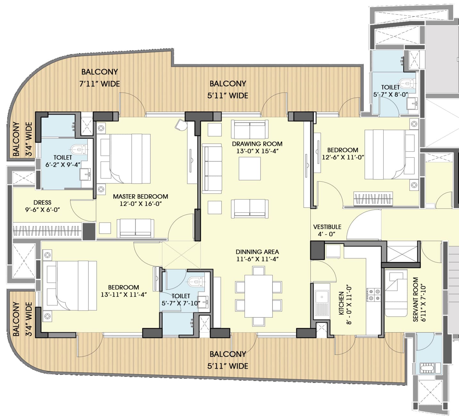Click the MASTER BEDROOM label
coord(140,196)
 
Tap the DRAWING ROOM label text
coord(257,144)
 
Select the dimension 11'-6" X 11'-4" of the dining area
coord(257,259)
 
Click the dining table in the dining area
coord(258,296)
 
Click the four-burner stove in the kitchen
coord(373,295)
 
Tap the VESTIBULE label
coord(327,227)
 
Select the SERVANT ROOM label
coord(415,299)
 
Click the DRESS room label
coord(42,203)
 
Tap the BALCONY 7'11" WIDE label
coord(99,78)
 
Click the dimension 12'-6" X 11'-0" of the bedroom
coord(343,157)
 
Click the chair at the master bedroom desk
coord(181,125)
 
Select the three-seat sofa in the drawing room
coord(212,168)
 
